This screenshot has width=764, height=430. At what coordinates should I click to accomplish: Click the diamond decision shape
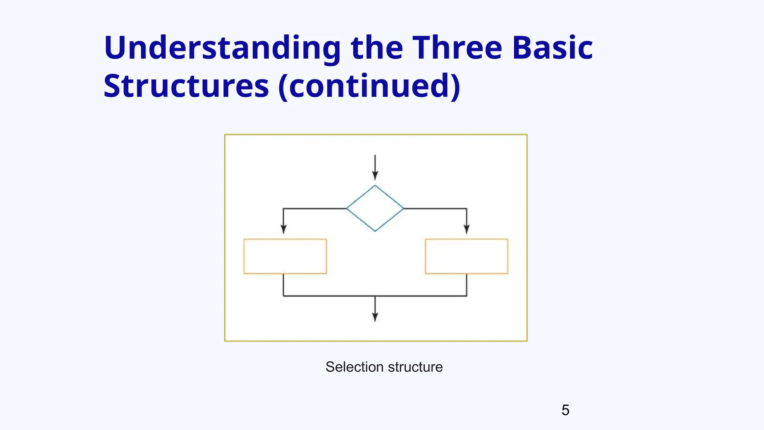[375, 208]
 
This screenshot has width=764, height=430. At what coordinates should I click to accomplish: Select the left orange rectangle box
[285, 256]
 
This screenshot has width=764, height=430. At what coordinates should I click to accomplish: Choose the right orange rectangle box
[466, 256]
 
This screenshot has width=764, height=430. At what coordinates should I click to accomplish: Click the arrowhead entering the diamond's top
[375, 176]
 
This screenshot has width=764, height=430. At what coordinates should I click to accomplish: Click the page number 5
[565, 410]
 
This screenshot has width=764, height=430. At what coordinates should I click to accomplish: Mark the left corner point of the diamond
[347, 208]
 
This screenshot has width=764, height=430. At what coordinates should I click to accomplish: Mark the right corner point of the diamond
[403, 208]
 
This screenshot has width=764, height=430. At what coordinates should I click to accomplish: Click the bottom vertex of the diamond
[375, 231]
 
